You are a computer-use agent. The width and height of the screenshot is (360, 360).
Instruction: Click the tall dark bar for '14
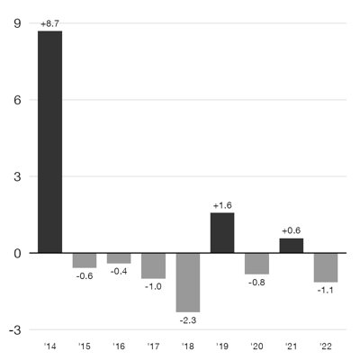tap(49, 142)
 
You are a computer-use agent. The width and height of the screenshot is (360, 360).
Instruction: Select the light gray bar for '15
tap(85, 260)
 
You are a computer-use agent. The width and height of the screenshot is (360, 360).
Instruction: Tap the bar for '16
tap(119, 258)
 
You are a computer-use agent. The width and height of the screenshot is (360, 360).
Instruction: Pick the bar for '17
tap(153, 265)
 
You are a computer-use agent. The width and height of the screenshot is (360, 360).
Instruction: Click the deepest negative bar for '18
tap(188, 282)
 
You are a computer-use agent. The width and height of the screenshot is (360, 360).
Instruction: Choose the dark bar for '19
tap(222, 233)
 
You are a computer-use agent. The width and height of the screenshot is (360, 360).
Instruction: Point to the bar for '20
tap(256, 263)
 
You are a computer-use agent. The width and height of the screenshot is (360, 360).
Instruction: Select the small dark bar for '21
tap(292, 246)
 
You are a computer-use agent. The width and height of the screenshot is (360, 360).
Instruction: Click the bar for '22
tap(326, 267)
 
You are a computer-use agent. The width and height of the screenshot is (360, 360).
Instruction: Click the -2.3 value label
tap(188, 321)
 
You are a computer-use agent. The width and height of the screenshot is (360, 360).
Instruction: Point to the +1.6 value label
tap(222, 205)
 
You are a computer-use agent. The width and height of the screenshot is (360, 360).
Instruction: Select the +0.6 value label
tap(292, 230)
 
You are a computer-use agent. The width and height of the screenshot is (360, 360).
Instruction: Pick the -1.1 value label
tap(326, 291)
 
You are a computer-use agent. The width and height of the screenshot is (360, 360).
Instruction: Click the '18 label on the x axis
tap(188, 346)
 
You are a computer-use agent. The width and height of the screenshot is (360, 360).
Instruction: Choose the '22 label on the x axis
tap(326, 346)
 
